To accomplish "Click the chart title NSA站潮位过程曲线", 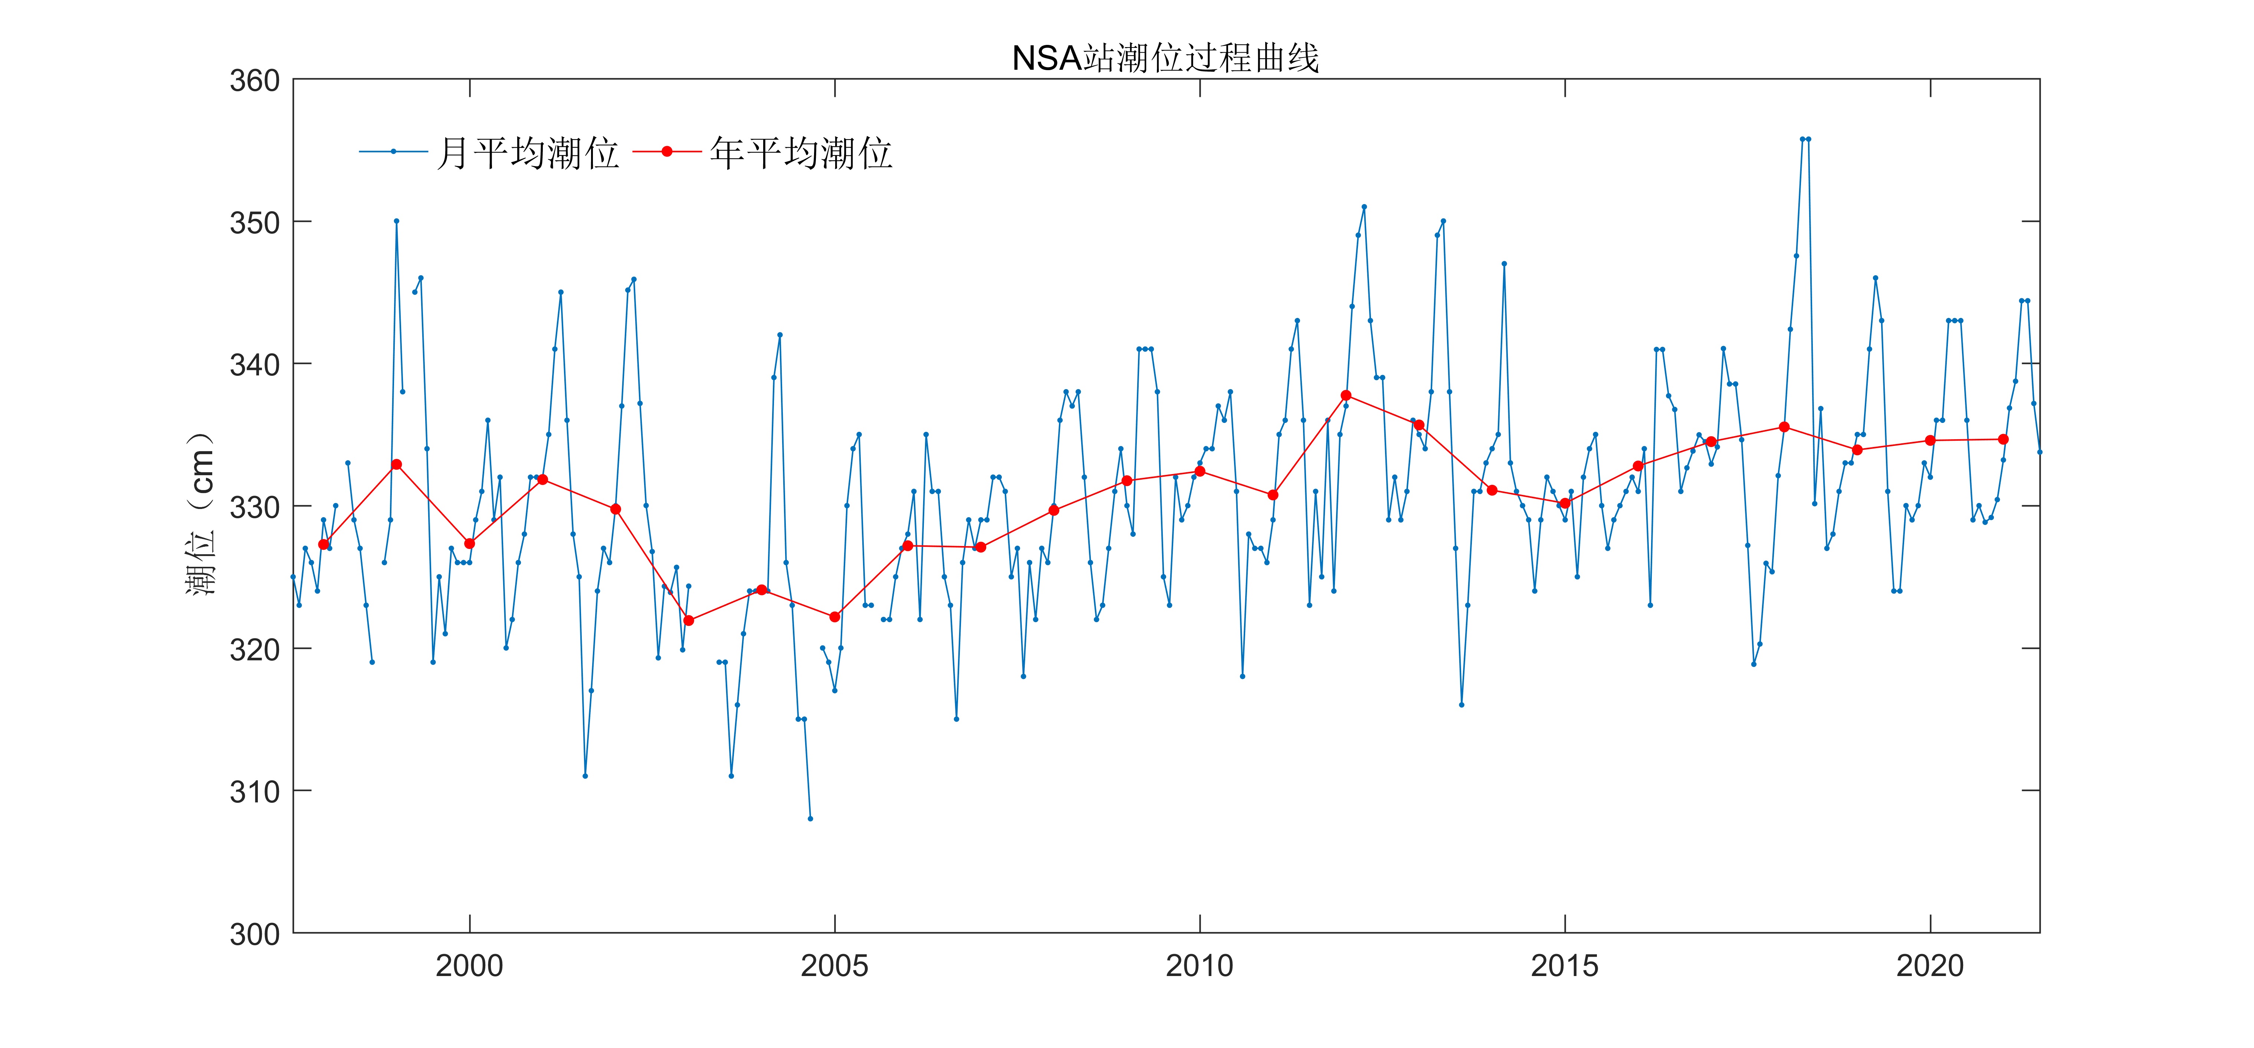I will coord(1165,59).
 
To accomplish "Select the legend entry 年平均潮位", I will coord(801,153).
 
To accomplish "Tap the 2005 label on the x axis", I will coord(835,966).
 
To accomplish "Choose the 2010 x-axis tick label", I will coord(1200,966).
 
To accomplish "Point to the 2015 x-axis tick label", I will coord(1565,966).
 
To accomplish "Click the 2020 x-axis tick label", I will coord(1930,966).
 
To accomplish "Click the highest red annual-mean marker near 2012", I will coord(1346,395).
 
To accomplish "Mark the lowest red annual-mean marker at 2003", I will coord(689,620).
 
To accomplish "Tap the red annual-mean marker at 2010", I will coord(1200,472).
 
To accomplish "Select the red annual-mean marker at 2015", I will coord(1565,503).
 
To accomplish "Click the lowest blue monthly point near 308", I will coord(810,819).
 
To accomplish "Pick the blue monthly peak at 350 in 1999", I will coord(396,221).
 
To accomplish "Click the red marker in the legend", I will coord(667,151).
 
